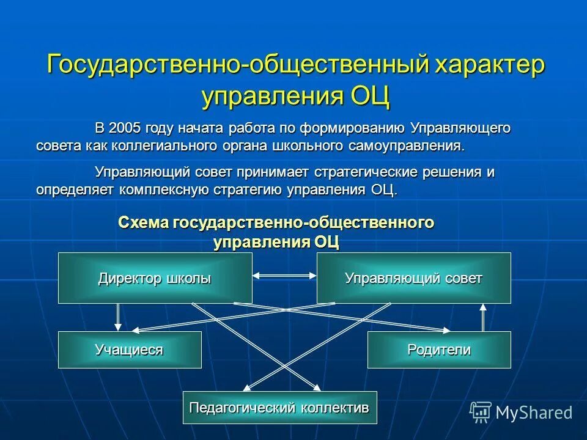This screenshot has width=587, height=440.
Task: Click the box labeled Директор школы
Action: point(155,279)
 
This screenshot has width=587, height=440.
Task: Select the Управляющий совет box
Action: point(413,279)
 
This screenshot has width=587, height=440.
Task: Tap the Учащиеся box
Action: point(129,350)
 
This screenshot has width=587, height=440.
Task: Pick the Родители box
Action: point(438,350)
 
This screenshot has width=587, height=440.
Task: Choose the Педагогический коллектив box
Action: point(280,407)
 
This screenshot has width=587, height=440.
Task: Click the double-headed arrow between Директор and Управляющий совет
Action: point(284,276)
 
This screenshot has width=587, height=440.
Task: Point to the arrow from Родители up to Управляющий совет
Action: point(483,317)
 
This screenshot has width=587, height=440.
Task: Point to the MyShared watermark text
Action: point(533,413)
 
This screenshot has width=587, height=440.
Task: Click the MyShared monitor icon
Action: point(481,413)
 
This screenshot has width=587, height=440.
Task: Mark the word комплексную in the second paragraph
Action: point(164,189)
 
